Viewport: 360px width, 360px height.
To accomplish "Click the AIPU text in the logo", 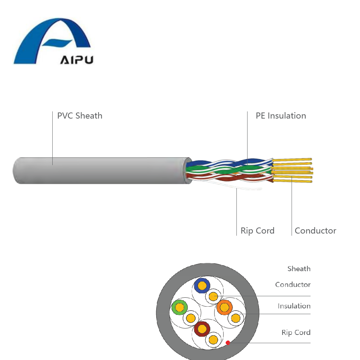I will (x=76, y=59).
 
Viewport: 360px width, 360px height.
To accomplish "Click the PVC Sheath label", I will (x=80, y=116).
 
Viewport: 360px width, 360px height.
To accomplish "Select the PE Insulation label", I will (x=281, y=116).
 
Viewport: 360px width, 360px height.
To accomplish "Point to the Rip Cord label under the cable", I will (x=257, y=231).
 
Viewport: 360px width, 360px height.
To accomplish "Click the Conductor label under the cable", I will (x=315, y=231).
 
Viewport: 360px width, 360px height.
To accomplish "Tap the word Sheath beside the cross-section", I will (x=299, y=269).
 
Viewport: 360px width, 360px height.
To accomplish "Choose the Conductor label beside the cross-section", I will (x=293, y=284).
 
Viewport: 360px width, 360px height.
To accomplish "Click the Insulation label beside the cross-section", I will (x=294, y=306).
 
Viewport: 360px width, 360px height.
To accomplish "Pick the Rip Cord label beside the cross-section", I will (x=296, y=332).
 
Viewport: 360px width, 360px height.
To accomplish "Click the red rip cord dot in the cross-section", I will (x=228, y=343).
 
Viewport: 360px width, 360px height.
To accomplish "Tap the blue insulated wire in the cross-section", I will (x=202, y=285).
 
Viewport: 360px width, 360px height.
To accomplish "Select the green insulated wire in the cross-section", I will (x=179, y=307).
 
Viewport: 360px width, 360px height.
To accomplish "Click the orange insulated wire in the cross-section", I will (x=224, y=307).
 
